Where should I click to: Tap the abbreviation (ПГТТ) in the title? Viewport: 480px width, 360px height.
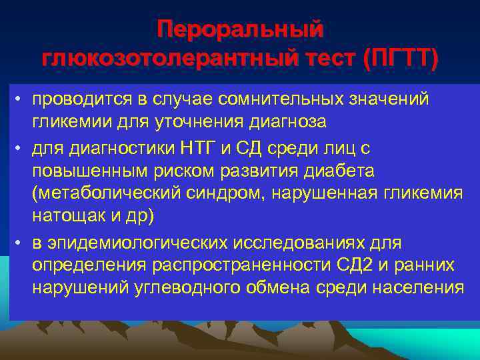tap(400, 59)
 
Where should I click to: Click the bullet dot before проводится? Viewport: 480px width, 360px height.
tap(21, 99)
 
